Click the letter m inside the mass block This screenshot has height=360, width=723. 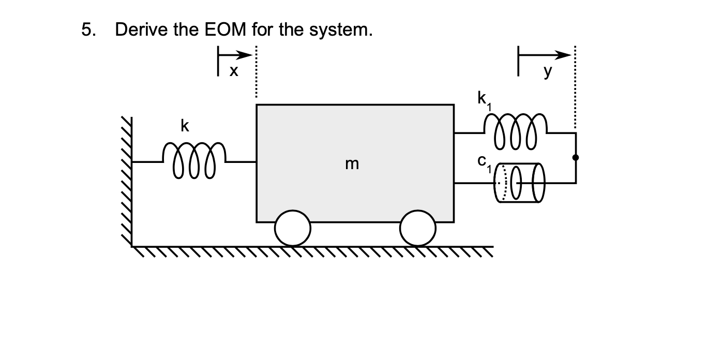351,164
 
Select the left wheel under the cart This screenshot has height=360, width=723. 293,228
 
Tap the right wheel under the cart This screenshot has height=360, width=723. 418,228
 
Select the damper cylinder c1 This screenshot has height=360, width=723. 519,183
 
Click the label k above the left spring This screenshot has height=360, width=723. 184,126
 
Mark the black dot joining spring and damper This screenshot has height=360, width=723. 575,157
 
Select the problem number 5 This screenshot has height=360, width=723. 88,30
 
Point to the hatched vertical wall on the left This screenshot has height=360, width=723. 126,181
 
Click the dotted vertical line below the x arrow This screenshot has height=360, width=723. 255,78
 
